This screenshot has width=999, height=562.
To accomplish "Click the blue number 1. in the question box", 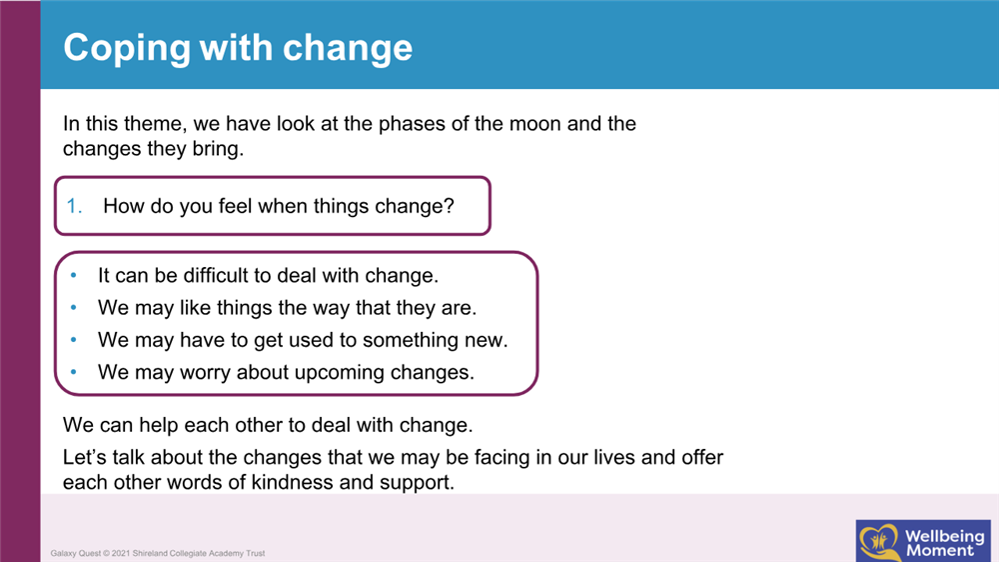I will click(x=74, y=206).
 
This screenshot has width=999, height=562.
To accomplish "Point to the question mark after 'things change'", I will click(x=450, y=206).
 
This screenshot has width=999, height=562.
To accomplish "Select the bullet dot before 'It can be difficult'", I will click(x=74, y=275).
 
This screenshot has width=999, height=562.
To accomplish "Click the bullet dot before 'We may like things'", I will click(x=74, y=307).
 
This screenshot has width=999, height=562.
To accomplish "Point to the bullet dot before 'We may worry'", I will click(x=74, y=372).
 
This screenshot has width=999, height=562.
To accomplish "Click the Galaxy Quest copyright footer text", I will click(x=158, y=553).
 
